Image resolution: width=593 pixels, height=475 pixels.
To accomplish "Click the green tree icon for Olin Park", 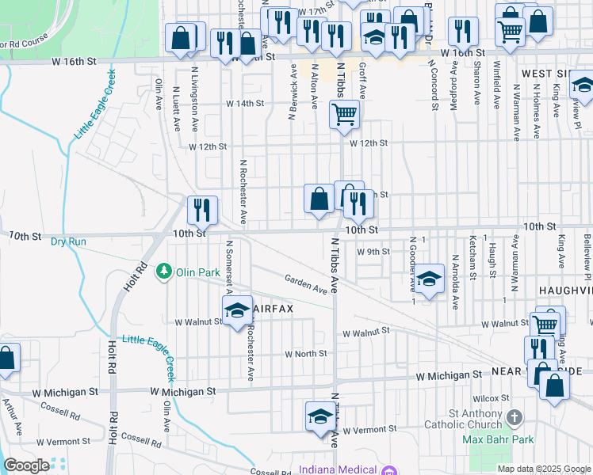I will coord(163,272).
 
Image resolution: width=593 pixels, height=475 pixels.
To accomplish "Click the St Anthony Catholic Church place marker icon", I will coord(515,417).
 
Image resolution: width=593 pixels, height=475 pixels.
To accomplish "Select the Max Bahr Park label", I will coord(499,439).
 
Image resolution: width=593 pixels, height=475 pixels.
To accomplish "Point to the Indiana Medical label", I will coord(338,469).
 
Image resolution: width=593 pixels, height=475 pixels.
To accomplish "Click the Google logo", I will coord(26,465).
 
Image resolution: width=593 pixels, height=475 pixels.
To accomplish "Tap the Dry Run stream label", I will coord(67,241).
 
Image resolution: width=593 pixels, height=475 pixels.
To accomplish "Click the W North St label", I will coord(306,354).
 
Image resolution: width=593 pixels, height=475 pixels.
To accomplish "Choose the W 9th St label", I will coord(373,252).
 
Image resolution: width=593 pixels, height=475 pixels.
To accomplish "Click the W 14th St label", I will coord(244,104).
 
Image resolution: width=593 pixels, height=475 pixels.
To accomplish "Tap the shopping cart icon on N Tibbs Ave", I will coord(345,115).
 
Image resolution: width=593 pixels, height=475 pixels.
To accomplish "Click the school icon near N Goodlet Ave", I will coord(429,279).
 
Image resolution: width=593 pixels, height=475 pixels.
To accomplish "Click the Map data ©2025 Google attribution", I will coord(544,469).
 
